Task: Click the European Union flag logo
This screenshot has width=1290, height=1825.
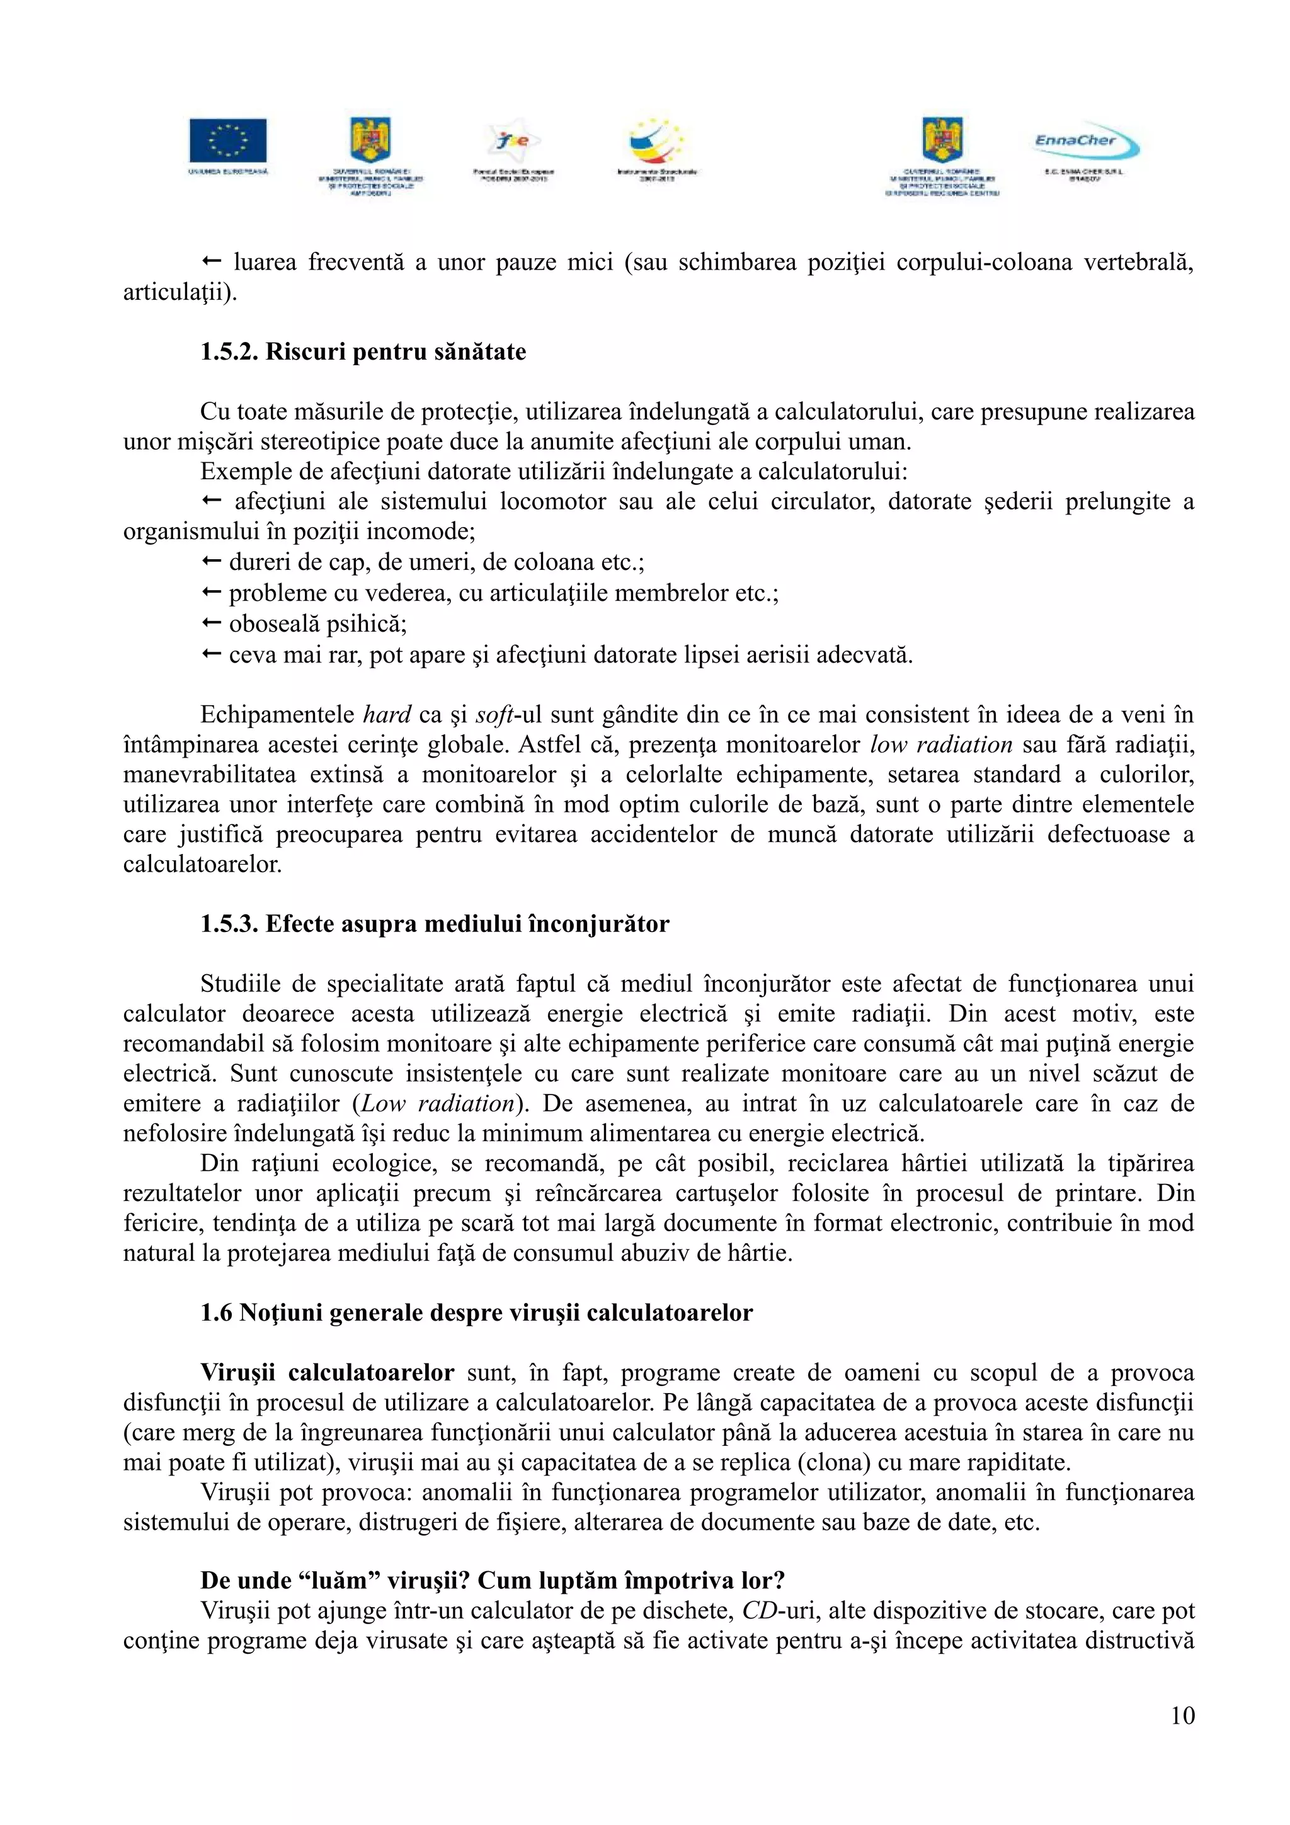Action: coord(227,142)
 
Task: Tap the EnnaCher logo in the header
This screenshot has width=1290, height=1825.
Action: coord(1086,143)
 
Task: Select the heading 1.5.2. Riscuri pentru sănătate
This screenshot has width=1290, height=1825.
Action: coord(363,352)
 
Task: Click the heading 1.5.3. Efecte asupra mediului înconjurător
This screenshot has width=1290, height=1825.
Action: coord(435,924)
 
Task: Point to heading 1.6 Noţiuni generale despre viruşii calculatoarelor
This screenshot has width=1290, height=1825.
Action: coord(476,1312)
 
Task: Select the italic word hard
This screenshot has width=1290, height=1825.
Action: coord(387,715)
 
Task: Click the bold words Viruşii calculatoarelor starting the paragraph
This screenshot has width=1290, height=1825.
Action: coord(327,1373)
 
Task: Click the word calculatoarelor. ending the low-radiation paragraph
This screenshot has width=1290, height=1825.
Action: coord(203,865)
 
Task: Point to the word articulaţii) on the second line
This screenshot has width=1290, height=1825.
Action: coord(180,292)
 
